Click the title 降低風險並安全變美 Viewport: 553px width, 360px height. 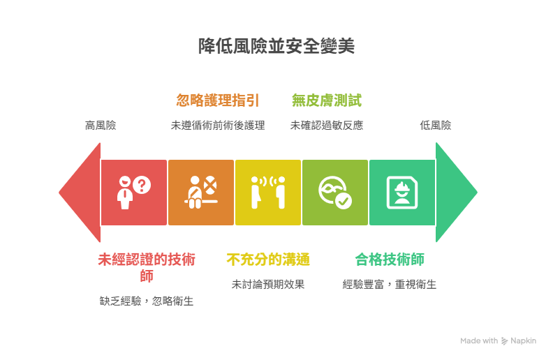[x=276, y=46]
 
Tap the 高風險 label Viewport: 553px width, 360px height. [x=101, y=126]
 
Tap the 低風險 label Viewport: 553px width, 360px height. [x=436, y=126]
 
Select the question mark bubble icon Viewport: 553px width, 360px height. [x=142, y=186]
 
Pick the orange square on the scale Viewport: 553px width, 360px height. [x=201, y=193]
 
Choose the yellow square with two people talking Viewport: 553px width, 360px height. [x=268, y=193]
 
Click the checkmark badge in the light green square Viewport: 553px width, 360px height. [x=343, y=201]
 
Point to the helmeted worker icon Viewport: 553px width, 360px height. [x=402, y=193]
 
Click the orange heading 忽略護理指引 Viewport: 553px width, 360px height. [x=218, y=100]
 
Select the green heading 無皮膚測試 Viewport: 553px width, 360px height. [x=327, y=100]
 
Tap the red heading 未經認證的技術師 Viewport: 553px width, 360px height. [x=147, y=267]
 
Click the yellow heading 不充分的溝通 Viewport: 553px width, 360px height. [x=268, y=260]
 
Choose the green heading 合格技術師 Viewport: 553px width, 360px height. [x=390, y=260]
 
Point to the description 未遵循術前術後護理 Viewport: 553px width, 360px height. [x=218, y=126]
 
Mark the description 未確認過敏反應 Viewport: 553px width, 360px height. [x=327, y=126]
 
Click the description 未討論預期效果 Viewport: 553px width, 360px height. [x=268, y=284]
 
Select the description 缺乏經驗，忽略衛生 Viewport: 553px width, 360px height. [x=147, y=301]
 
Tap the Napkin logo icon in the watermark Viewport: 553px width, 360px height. [x=505, y=341]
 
